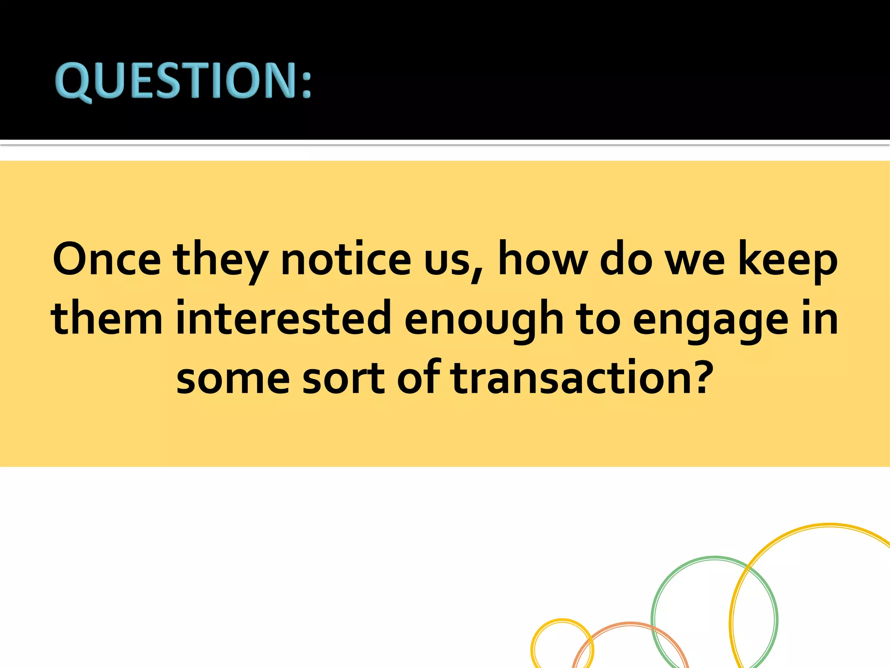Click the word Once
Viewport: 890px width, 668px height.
pos(106,260)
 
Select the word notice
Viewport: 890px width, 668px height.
pos(346,260)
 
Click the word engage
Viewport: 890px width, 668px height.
pos(710,322)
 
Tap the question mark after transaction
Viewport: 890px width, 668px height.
pos(698,376)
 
